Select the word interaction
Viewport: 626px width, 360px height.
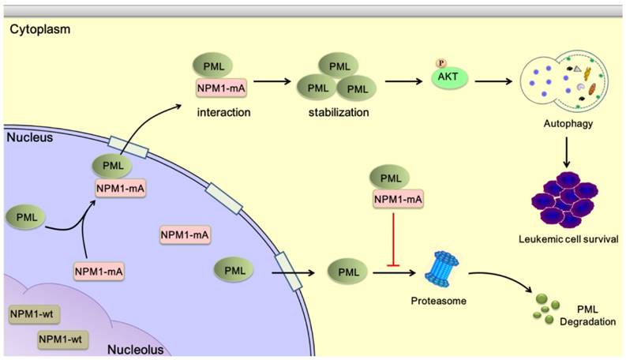coord(225,112)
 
